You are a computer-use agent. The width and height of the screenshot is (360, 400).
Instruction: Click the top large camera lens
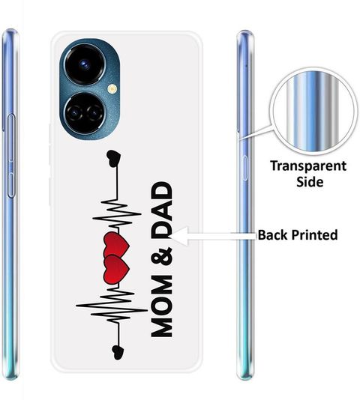(84, 64)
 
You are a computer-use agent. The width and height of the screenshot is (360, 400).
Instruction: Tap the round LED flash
(112, 89)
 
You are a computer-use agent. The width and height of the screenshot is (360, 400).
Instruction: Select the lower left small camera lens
(74, 113)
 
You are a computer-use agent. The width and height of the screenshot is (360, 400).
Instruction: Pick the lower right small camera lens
(94, 112)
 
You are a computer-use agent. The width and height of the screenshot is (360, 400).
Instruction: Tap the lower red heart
(116, 269)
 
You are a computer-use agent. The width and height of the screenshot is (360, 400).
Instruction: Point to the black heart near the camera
(114, 159)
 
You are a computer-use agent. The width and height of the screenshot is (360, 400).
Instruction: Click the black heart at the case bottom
(118, 352)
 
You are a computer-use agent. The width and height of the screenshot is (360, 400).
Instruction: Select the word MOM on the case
(162, 306)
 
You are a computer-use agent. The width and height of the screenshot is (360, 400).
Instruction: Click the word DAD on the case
(162, 210)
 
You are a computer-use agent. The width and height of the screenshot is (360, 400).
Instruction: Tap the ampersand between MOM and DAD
(162, 256)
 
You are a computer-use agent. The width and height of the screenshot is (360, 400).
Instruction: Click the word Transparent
(308, 166)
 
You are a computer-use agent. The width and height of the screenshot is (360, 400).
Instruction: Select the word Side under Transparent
(310, 182)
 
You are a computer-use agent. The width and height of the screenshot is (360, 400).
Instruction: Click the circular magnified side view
(313, 111)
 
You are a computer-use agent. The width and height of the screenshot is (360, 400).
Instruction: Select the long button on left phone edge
(11, 156)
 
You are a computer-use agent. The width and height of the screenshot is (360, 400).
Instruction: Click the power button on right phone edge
(245, 168)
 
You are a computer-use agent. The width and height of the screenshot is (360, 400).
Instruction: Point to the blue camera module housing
(90, 89)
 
